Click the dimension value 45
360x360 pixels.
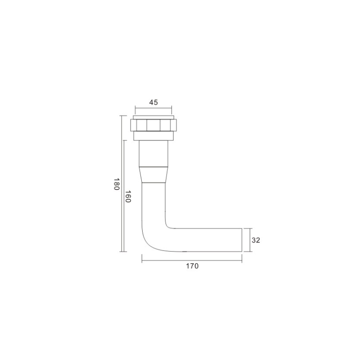click(x=153, y=103)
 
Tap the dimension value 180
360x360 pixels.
click(x=117, y=184)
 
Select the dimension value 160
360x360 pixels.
click(x=128, y=196)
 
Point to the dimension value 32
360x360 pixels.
click(x=256, y=240)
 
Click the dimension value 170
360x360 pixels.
click(x=192, y=266)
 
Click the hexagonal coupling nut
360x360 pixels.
click(x=153, y=125)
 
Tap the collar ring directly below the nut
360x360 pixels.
click(x=153, y=136)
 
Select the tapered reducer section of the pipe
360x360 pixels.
click(x=153, y=175)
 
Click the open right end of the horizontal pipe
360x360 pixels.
click(x=242, y=240)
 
